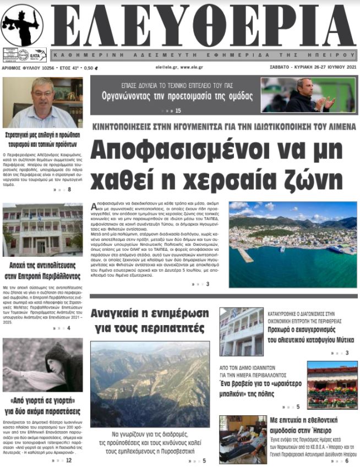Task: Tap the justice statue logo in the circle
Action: (x=22, y=25)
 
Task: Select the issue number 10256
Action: (x=41, y=68)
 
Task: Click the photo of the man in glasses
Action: (x=42, y=102)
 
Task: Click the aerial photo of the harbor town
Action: (x=293, y=244)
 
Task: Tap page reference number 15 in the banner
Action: (x=178, y=111)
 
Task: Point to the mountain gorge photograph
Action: (x=150, y=384)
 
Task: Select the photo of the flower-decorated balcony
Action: (x=332, y=384)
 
